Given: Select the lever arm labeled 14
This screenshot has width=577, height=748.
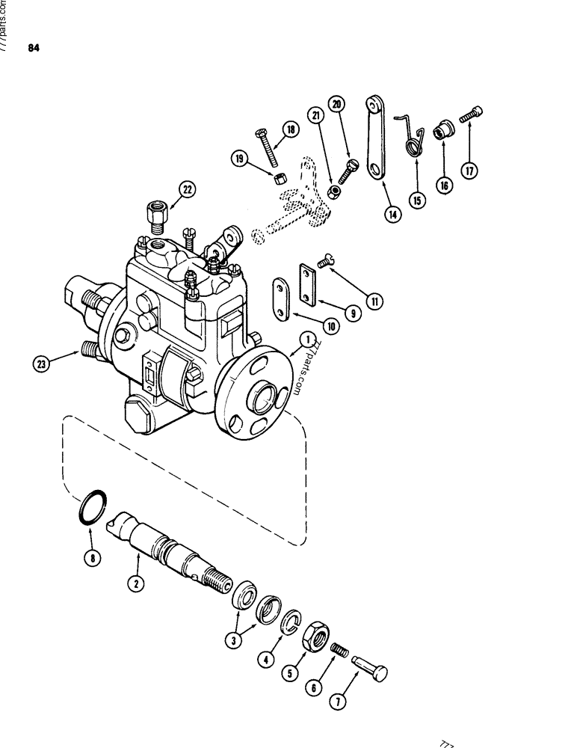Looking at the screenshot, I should pyautogui.click(x=374, y=138).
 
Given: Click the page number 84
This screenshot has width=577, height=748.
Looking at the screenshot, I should pyautogui.click(x=32, y=49).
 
